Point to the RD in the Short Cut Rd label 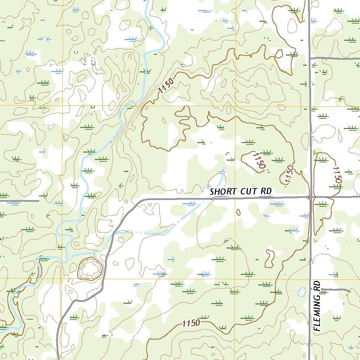pos(266,191)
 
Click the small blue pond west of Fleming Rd pos(301,291)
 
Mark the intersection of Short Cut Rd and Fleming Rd pos(312,197)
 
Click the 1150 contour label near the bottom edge pos(191,323)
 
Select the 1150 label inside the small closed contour pos(258,161)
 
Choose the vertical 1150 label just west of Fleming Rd pos(289,174)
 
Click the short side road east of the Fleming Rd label pos(336,289)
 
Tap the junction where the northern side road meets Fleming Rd pos(310,58)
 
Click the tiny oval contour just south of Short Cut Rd pos(239,212)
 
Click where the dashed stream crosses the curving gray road pos(112,235)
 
